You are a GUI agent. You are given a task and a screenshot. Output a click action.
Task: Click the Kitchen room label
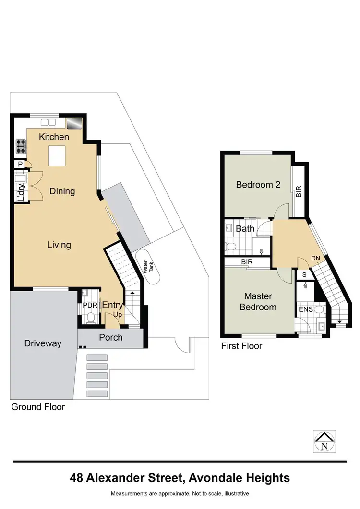[x=54, y=137]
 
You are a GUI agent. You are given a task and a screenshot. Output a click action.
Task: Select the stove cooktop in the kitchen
[x=21, y=146]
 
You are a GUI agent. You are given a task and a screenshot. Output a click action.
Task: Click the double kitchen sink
[x=48, y=122]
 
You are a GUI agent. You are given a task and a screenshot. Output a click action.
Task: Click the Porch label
[x=110, y=338]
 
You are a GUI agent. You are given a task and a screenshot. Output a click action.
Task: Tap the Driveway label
[x=43, y=343]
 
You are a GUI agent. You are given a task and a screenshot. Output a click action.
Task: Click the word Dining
[x=62, y=191]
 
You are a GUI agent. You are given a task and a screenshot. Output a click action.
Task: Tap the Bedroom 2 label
[x=258, y=185]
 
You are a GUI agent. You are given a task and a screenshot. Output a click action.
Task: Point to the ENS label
[x=305, y=309]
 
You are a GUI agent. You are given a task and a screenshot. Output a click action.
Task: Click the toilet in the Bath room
[x=231, y=247]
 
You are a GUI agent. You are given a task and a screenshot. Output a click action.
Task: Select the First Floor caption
[x=241, y=346]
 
